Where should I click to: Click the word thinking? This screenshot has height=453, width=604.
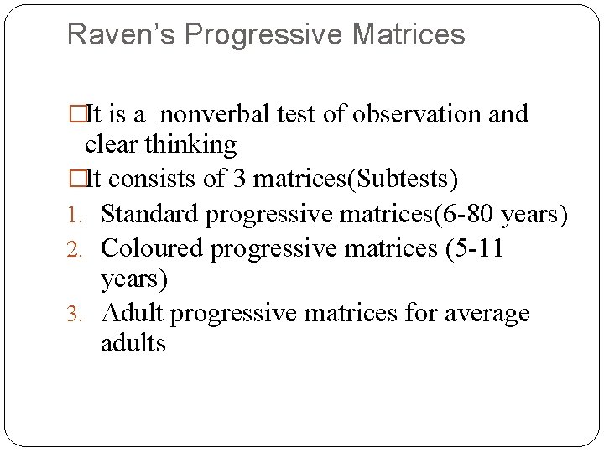[191, 145]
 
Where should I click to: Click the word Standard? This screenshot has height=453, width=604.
[149, 214]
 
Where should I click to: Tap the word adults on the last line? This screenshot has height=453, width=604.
[133, 343]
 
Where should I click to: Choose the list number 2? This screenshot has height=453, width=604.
[75, 249]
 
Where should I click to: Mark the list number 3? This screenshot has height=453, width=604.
[75, 315]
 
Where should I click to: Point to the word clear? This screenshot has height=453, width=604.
[112, 145]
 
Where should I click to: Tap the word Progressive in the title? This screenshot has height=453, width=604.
[264, 35]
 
